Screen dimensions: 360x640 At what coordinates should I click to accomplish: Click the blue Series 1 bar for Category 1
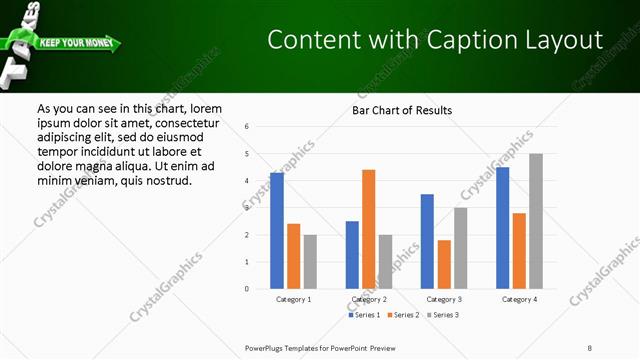point(277,231)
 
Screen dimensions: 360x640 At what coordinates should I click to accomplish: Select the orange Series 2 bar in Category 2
point(368,229)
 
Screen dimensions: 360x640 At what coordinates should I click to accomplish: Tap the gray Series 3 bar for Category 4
point(536,221)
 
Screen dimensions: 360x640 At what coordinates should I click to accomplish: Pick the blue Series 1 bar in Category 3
point(427,241)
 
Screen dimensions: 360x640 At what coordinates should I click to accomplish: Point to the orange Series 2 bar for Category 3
point(444,264)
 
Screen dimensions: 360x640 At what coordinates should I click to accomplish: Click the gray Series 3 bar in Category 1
point(310,262)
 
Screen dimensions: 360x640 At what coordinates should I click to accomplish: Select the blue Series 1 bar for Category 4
point(502,228)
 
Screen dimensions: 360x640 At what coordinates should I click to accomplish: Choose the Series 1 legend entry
point(366,315)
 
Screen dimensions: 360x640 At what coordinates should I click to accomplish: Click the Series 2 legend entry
point(404,315)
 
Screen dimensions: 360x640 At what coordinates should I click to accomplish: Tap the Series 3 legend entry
point(442,315)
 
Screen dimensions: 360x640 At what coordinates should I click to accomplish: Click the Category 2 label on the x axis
point(368,299)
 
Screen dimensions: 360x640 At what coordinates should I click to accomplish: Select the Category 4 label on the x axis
point(518,299)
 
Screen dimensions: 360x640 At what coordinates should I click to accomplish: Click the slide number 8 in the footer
point(590,347)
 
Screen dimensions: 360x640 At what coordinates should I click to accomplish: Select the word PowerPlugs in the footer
point(266,347)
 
